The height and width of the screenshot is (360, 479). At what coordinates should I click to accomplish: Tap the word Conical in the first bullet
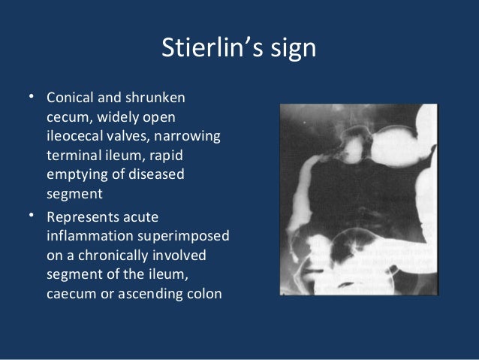71,99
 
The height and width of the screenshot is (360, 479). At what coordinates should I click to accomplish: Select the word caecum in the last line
69,292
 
